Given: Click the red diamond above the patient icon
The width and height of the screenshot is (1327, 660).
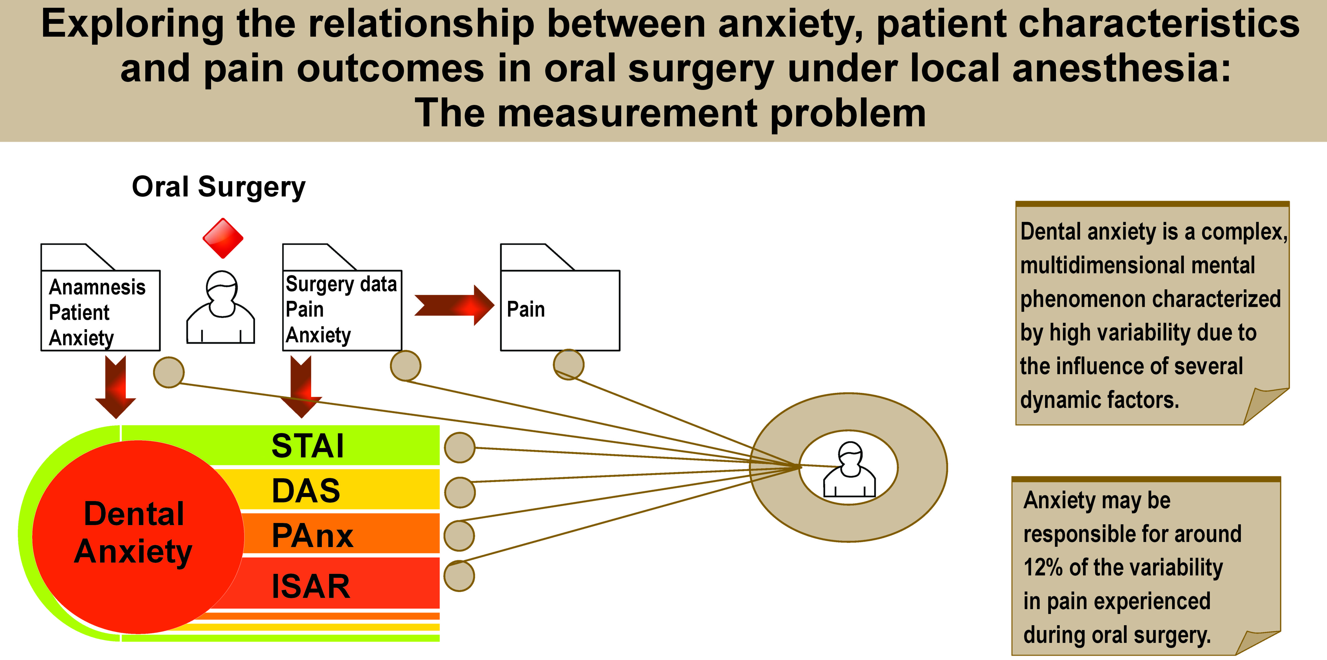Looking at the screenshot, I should pyautogui.click(x=223, y=238).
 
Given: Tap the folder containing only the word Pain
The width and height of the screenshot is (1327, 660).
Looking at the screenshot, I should pyautogui.click(x=560, y=309).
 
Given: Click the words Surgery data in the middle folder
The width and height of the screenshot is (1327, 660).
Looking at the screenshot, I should pyautogui.click(x=341, y=284).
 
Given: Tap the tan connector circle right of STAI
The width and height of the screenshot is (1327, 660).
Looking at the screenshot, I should pyautogui.click(x=460, y=447).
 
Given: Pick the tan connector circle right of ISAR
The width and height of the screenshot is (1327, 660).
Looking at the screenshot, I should pyautogui.click(x=459, y=576).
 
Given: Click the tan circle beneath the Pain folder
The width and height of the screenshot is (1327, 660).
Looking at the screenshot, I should pyautogui.click(x=568, y=364).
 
